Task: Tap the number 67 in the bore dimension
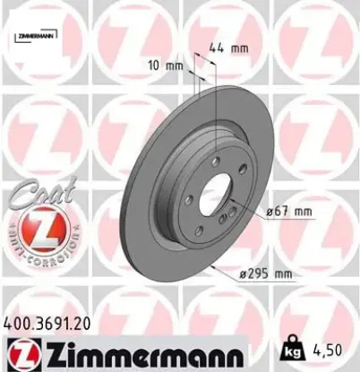click(x=282, y=212)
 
